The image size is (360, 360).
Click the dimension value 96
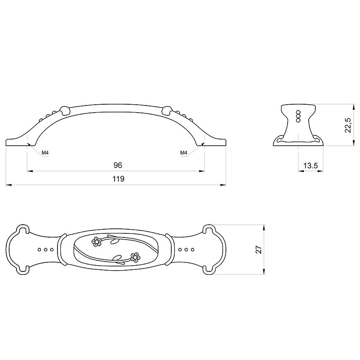tap(118, 165)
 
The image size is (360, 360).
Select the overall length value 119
tap(118, 179)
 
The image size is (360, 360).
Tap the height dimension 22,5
tap(348, 125)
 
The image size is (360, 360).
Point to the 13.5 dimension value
tap(310, 165)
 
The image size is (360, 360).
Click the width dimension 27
tap(259, 250)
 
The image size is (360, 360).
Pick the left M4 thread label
tap(45, 153)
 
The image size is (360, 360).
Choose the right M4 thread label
tap(184, 153)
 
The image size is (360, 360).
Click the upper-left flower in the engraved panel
tap(97, 241)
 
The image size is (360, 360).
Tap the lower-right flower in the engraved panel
tap(135, 257)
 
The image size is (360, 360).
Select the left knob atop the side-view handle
tap(65, 110)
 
